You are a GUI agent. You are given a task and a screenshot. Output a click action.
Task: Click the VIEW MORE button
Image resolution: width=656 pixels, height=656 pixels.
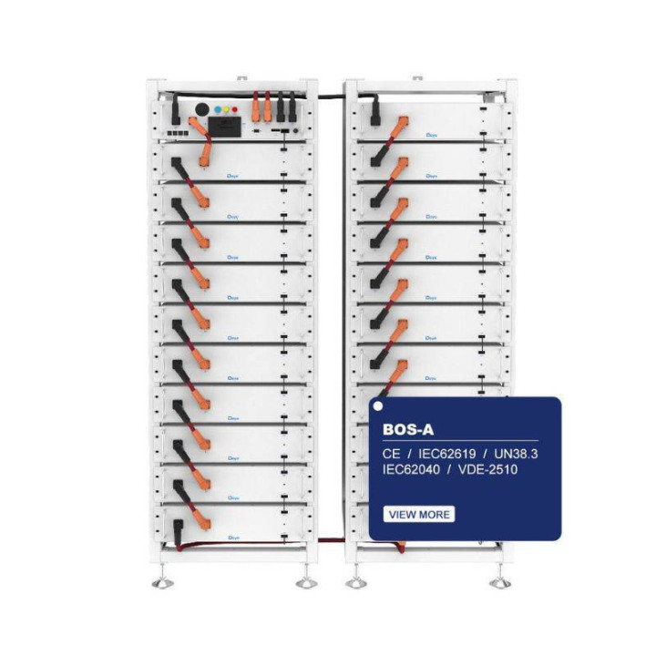tap(419, 514)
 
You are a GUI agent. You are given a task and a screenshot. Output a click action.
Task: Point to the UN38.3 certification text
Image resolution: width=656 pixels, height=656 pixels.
tap(521, 452)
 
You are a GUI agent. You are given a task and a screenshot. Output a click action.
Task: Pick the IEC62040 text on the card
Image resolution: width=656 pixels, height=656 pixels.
tap(419, 472)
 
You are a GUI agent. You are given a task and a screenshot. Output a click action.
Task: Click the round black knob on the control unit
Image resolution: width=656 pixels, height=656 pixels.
tap(201, 110)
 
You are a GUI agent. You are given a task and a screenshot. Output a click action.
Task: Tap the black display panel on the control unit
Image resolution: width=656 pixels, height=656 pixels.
tap(225, 126)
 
